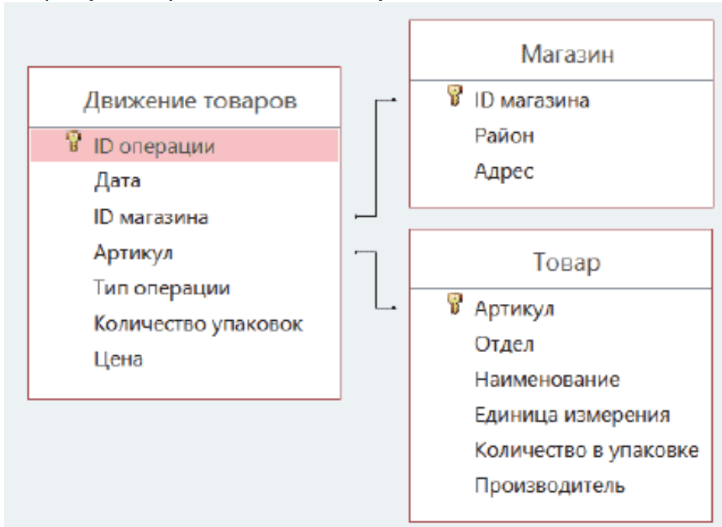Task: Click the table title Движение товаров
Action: coord(190,101)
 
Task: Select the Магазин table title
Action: coord(567,54)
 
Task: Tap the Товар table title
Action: coord(566,263)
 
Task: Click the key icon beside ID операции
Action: coord(73,141)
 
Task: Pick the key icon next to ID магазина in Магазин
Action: coord(455,95)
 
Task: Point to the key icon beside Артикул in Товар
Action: coord(455,304)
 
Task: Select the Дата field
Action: coord(117,181)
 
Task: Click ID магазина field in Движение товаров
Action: coord(151,217)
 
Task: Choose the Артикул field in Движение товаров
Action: coord(133,253)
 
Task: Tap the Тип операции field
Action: coord(162,289)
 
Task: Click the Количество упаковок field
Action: coord(199,324)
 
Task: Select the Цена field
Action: coord(118,359)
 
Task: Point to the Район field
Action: coord(504,136)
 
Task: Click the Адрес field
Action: coord(504,172)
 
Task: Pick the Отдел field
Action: coord(504,344)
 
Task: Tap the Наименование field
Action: coord(547,380)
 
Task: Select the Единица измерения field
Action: coord(572,415)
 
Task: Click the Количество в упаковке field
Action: coord(587,451)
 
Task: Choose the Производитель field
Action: coord(550,486)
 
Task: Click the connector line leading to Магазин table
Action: coord(376,157)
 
